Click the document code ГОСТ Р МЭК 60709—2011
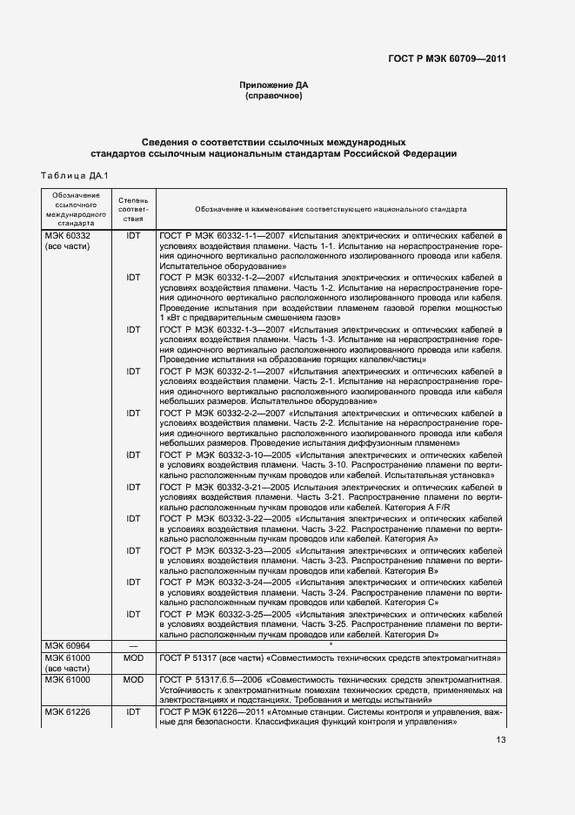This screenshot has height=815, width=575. [x=447, y=58]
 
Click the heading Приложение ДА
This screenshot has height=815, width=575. [x=273, y=85]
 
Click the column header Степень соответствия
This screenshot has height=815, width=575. [x=133, y=210]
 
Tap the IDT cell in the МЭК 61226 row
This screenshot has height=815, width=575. [x=133, y=712]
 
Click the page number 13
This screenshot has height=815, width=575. [x=500, y=740]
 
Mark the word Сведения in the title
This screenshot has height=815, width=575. [x=165, y=141]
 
